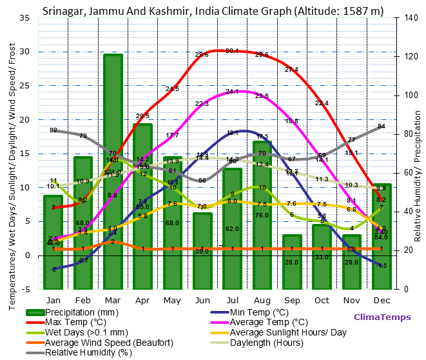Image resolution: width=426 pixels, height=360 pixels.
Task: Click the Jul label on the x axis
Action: [232, 300]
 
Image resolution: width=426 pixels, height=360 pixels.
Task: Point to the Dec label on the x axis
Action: [381, 300]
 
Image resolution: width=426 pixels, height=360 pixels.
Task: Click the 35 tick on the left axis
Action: [24, 18]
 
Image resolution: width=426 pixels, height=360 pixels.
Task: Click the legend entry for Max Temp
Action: [74, 322]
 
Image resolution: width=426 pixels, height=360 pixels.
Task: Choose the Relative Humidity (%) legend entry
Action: [88, 352]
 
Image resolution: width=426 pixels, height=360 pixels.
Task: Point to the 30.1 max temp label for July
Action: [232, 51]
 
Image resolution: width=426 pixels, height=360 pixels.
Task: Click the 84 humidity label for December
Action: [381, 126]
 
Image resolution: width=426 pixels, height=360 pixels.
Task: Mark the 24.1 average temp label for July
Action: [232, 92]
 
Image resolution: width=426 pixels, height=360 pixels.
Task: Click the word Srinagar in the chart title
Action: [64, 10]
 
